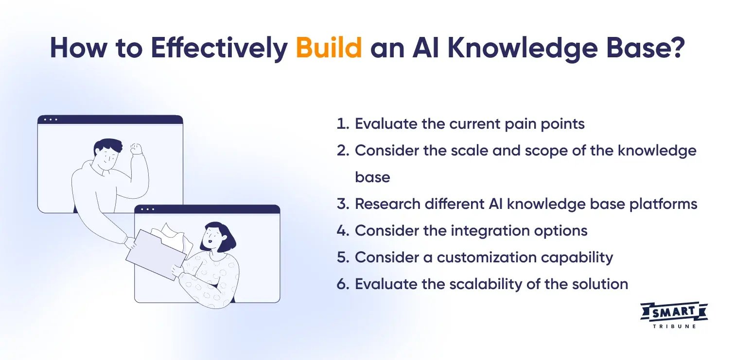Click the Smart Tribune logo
[674, 315]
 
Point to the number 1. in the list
[343, 124]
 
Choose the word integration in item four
[492, 230]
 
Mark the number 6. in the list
[343, 284]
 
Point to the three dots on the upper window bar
[51, 120]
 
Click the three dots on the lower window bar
[147, 209]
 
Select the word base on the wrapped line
[372, 177]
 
